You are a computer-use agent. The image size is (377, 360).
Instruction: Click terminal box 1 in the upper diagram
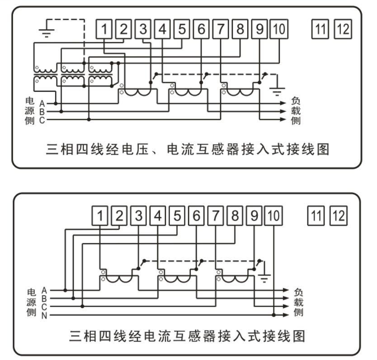point(104,30)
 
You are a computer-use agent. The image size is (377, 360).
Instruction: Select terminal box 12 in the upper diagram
point(342,30)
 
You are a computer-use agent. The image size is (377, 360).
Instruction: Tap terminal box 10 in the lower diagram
point(273,216)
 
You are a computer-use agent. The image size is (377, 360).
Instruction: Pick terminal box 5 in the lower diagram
point(177,216)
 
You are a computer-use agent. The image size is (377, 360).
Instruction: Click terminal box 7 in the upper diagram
point(221,30)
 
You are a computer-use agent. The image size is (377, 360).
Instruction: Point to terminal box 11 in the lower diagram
point(316,216)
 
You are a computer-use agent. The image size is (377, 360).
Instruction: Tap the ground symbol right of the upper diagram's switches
point(277,92)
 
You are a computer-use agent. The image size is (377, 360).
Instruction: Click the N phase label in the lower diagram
point(44,315)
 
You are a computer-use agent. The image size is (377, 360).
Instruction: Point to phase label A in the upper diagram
point(42,103)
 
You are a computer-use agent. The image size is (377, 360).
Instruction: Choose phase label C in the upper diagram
point(42,120)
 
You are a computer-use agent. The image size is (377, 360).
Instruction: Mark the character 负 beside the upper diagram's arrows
point(296,101)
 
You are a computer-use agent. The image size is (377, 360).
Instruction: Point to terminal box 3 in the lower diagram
point(138,216)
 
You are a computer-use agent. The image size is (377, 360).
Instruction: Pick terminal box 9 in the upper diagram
point(259,30)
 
